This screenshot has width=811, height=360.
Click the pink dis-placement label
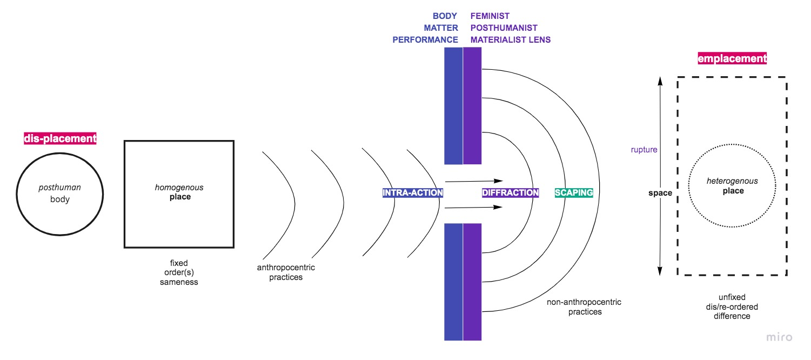tap(60, 138)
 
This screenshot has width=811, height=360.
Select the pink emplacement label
tap(732, 58)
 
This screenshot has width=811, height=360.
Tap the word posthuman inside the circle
tap(59, 188)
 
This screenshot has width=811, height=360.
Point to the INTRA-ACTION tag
tap(413, 192)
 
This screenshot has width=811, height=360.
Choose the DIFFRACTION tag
tap(511, 192)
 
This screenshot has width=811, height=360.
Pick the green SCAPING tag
tap(574, 192)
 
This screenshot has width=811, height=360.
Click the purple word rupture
tap(644, 150)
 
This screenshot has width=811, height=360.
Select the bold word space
tap(660, 193)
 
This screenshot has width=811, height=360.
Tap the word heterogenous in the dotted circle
tap(732, 182)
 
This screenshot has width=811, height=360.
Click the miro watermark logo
tap(780, 337)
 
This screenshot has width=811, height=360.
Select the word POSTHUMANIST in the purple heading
tap(504, 28)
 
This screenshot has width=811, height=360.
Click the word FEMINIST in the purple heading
tap(490, 16)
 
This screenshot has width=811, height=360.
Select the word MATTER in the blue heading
tap(443, 28)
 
